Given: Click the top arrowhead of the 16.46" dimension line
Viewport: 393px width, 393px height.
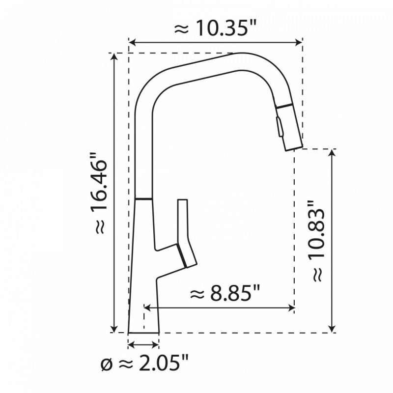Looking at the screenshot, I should point(115,56).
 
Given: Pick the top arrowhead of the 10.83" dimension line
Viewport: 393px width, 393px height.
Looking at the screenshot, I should point(333,152).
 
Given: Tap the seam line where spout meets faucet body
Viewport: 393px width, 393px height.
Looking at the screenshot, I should point(143,198).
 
